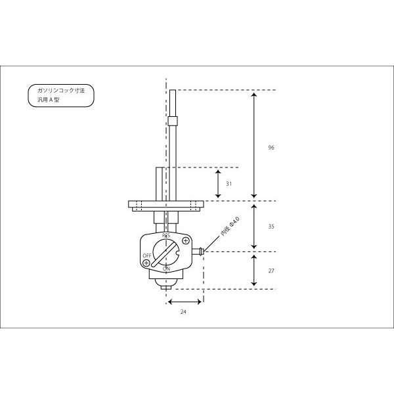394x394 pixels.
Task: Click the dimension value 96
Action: [271, 148]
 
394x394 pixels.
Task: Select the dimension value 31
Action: [229, 184]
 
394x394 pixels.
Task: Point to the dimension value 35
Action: [271, 227]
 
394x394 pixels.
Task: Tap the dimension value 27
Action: [271, 271]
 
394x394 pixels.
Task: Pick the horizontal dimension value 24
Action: [183, 312]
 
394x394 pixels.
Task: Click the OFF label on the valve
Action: [147, 255]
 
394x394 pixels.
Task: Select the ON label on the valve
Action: [166, 269]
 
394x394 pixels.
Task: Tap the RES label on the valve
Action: [166, 236]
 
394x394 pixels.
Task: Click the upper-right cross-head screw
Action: [186, 241]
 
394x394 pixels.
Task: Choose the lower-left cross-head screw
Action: [146, 263]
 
